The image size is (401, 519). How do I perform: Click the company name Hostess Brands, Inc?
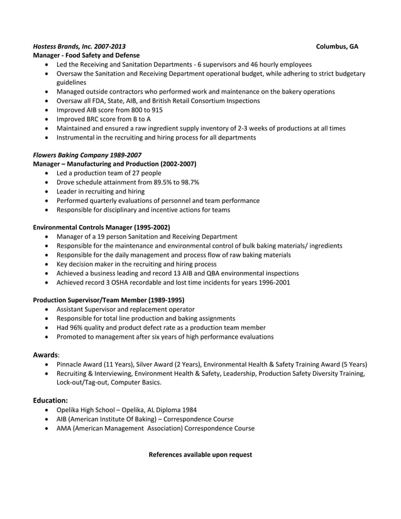click(62, 46)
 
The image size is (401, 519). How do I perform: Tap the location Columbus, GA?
click(337, 46)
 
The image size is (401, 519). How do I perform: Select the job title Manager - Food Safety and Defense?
click(85, 55)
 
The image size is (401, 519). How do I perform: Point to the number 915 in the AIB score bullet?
click(157, 109)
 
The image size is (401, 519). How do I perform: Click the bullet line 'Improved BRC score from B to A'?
click(104, 119)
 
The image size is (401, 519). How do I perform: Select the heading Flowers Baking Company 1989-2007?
click(87, 155)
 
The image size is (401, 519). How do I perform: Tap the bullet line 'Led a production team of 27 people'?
click(109, 173)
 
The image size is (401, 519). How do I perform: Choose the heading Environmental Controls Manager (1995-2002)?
click(101, 227)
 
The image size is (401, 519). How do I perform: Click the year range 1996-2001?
click(272, 282)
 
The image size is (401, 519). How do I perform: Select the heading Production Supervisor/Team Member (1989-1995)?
click(108, 300)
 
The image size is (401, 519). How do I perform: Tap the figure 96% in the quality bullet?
click(77, 327)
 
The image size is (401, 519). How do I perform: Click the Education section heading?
click(50, 400)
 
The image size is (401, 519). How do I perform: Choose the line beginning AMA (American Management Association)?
click(155, 428)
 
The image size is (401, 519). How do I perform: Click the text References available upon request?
click(200, 454)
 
